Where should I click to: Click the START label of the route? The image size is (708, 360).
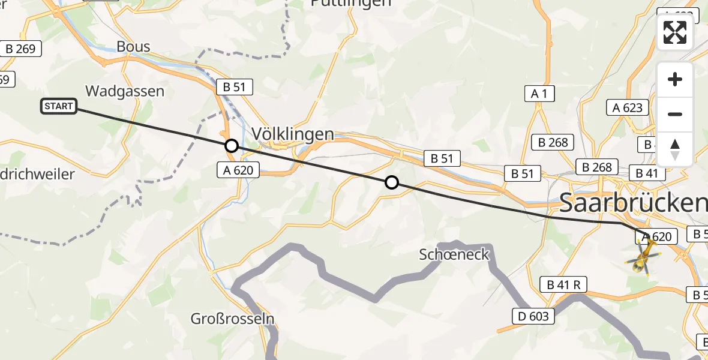59,107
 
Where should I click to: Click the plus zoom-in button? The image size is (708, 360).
675,79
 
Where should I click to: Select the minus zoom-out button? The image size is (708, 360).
675,114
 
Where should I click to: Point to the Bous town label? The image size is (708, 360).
134,46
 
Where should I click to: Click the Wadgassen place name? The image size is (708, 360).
125,91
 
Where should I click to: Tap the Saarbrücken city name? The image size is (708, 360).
633,203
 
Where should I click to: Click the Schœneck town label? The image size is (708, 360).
455,256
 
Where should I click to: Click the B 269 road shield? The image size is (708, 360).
20,49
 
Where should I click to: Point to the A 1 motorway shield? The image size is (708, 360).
539,94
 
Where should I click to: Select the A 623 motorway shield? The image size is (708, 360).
628,108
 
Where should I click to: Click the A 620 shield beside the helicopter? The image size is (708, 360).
656,237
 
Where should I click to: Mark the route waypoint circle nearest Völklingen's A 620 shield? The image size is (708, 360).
231,146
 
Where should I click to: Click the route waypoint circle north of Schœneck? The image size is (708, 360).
391,182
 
